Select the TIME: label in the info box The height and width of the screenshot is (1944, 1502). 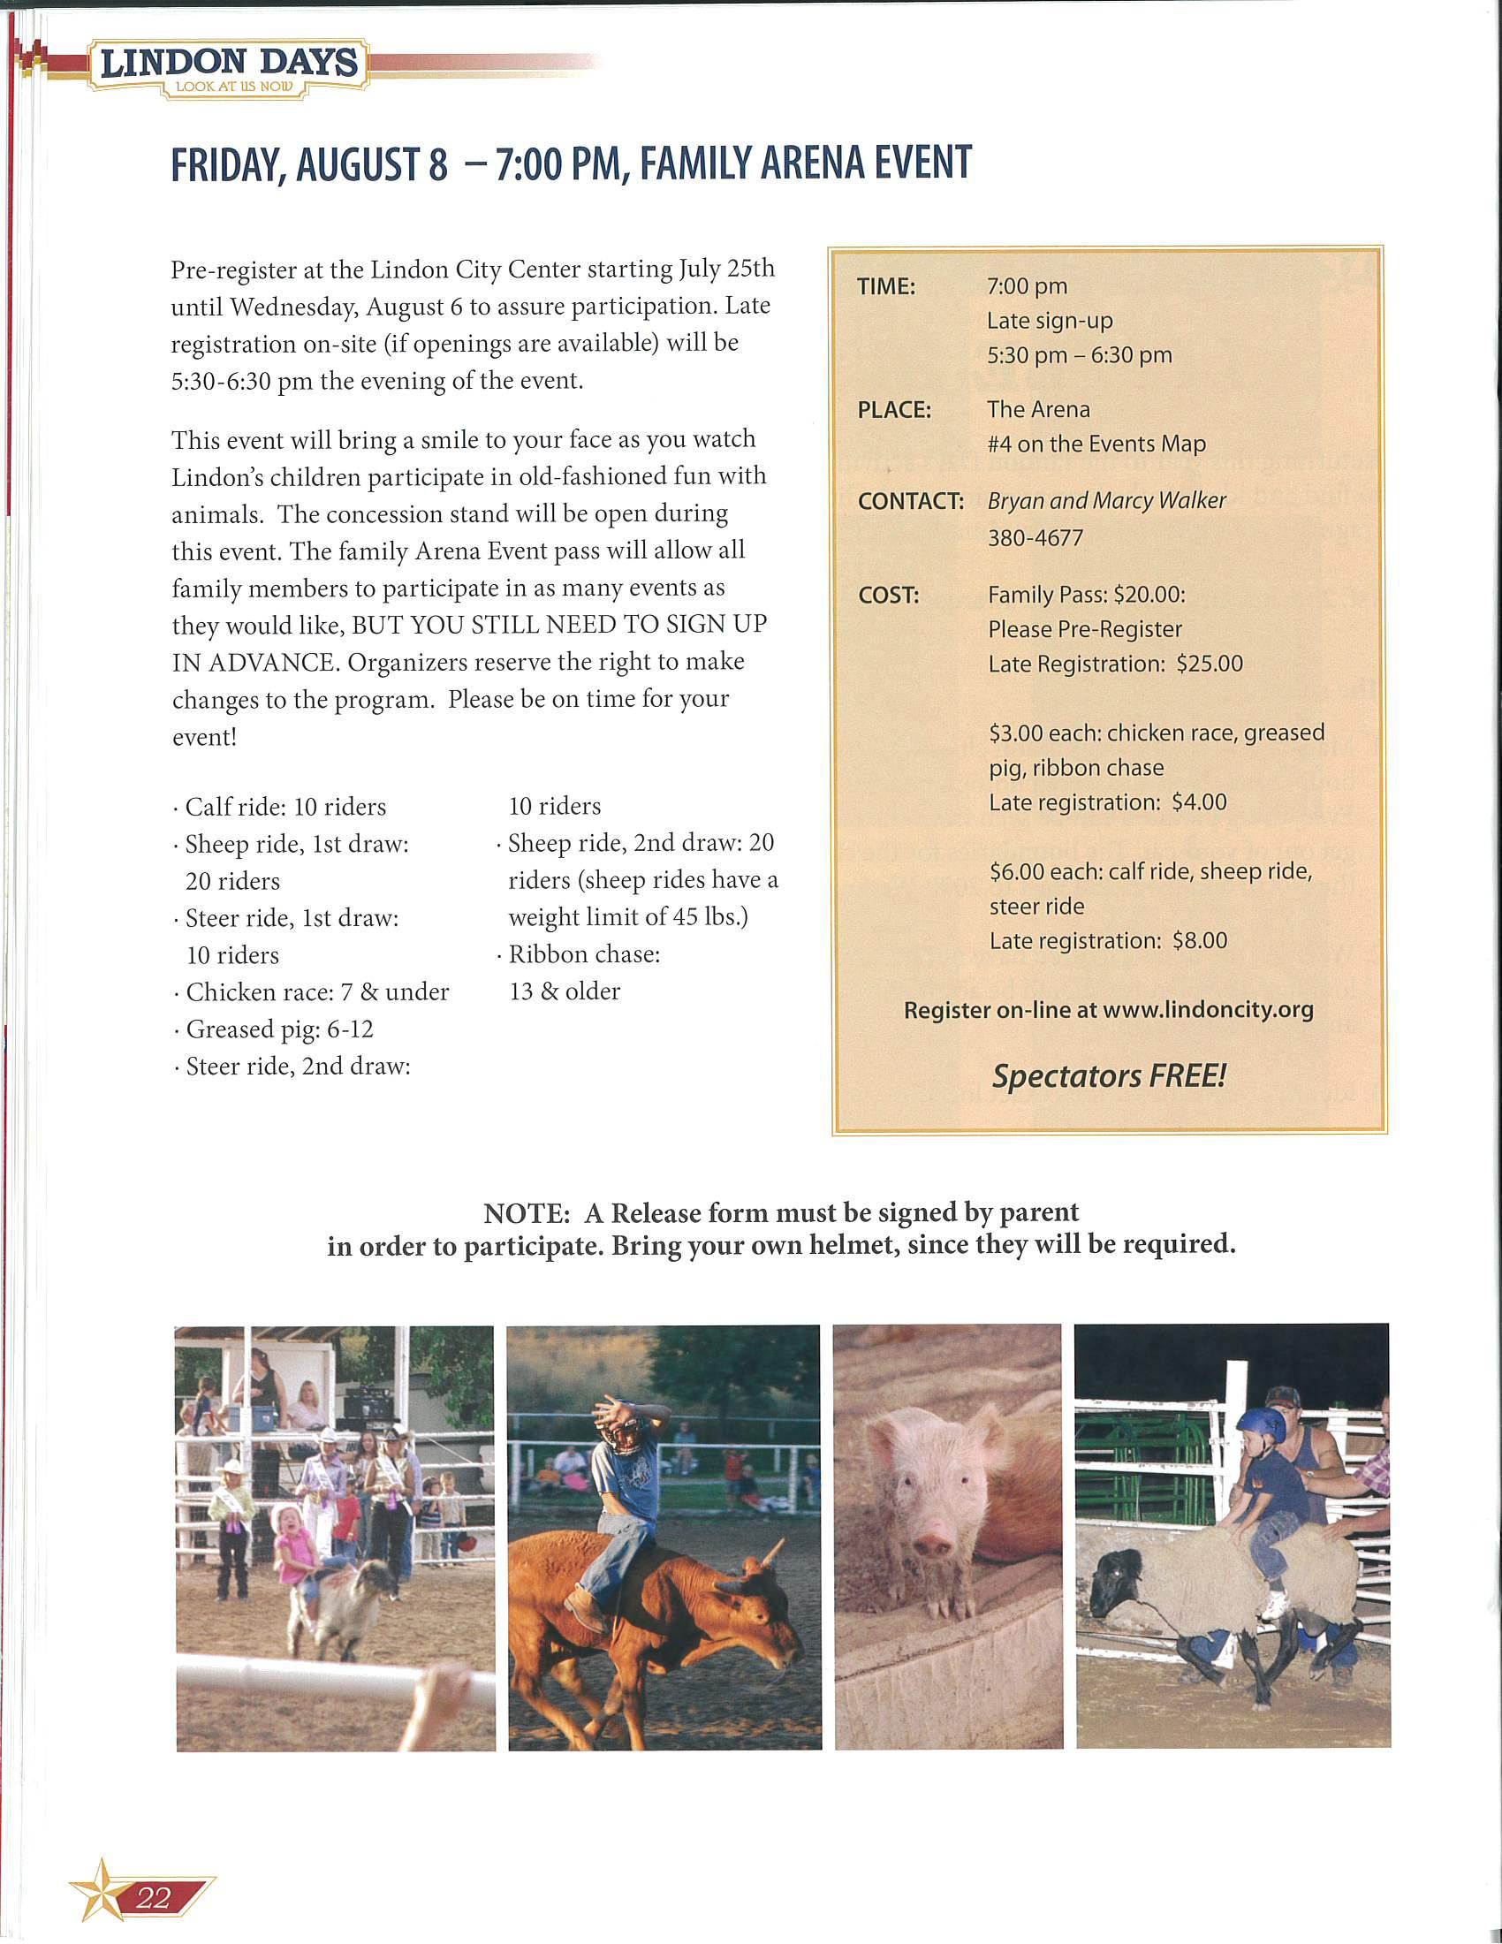[x=885, y=286]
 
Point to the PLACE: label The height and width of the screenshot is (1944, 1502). [x=893, y=410]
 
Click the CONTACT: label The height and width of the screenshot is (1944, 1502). [x=910, y=501]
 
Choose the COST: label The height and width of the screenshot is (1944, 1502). [x=888, y=596]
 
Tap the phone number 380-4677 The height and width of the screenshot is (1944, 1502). [x=1035, y=537]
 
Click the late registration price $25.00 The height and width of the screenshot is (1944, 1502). [x=1210, y=664]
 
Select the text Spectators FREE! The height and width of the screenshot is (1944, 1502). [x=1109, y=1076]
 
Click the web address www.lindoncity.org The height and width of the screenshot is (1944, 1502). [x=1208, y=1010]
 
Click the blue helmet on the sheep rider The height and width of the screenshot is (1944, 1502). [x=1263, y=1425]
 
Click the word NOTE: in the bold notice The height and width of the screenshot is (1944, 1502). [x=526, y=1213]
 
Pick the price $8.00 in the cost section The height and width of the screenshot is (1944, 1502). [x=1200, y=941]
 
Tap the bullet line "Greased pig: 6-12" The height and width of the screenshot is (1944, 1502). [x=278, y=1029]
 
